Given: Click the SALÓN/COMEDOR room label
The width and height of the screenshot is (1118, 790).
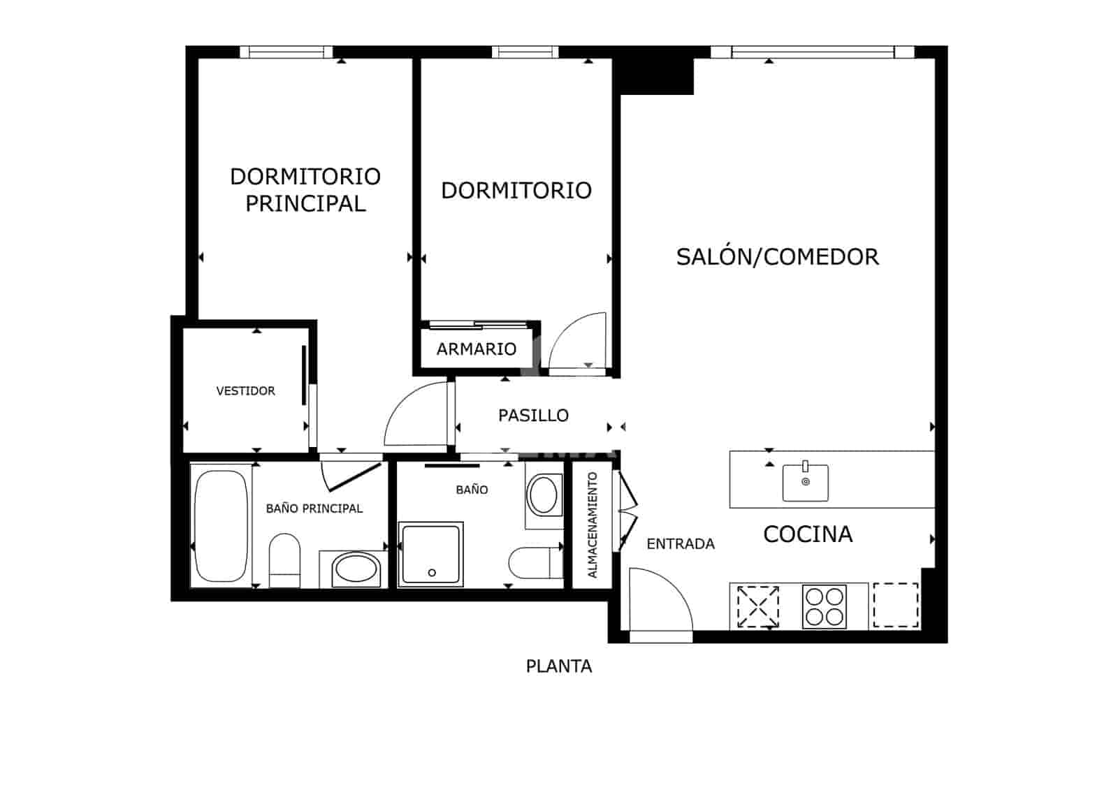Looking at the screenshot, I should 777,257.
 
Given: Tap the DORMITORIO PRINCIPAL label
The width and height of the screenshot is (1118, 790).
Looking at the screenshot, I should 305,189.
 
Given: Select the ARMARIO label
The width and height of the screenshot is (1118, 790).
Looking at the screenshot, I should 477,349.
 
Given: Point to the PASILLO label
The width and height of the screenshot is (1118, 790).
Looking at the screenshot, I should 533,416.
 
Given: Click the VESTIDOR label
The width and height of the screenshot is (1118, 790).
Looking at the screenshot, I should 245,391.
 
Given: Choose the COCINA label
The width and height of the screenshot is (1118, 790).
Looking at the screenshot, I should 808,534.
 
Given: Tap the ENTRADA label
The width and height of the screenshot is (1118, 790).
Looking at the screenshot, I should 681,544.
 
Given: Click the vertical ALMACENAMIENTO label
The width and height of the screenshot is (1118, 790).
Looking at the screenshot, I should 593,525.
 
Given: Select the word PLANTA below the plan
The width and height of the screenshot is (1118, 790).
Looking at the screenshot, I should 558,666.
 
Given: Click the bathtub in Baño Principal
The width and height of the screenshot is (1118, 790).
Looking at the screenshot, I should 221,526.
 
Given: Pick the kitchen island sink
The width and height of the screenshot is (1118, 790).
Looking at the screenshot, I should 805,482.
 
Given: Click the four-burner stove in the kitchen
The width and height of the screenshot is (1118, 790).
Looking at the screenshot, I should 824,606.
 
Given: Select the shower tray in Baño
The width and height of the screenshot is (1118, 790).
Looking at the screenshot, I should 431,554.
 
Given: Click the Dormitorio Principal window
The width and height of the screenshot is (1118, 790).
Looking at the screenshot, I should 286,52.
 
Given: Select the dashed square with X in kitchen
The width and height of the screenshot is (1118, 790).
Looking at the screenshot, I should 758,606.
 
